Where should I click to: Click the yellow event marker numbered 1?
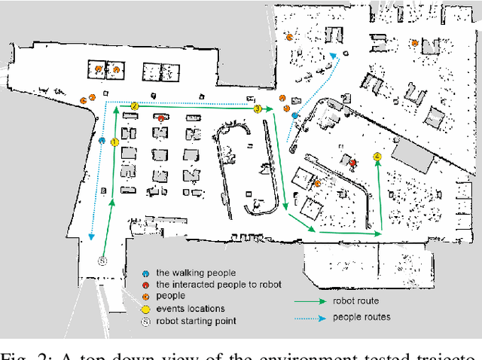(x=114, y=142)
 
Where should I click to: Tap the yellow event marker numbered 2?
(x=134, y=106)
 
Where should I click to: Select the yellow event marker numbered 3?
(x=257, y=109)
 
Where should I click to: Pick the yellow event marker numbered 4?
(x=377, y=157)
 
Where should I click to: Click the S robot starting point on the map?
(x=103, y=260)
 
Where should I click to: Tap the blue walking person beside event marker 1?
(x=102, y=141)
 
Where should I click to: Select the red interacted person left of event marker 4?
(x=352, y=161)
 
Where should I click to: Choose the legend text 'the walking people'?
(x=195, y=273)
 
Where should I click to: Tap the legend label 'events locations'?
(x=191, y=309)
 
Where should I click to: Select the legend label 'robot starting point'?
(x=197, y=321)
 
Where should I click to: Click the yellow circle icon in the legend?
(x=145, y=309)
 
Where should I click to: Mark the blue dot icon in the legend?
(x=145, y=273)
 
